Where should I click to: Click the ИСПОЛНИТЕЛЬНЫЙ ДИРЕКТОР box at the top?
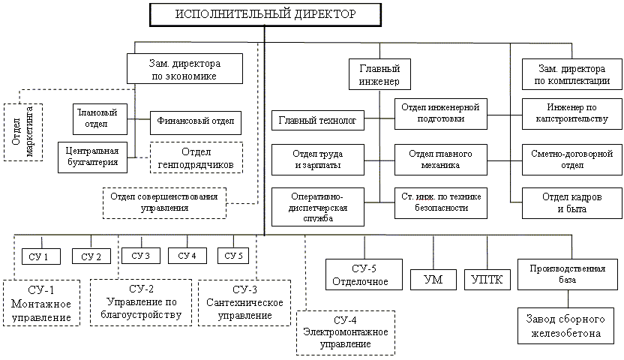tap(266, 14)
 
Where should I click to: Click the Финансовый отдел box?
tap(194, 119)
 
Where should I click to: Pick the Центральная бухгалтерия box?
tap(93, 156)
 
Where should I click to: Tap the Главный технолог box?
tap(316, 120)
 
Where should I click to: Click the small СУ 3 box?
tap(140, 256)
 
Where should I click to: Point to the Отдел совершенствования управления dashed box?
tap(164, 202)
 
